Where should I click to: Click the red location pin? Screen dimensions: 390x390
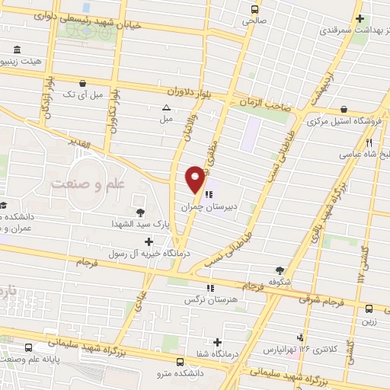pos(195,178)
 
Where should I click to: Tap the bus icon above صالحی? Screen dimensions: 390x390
pos(256,10)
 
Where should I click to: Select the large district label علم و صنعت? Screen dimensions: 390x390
pos(85,184)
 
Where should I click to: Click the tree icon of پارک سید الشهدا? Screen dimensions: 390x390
pos(140,213)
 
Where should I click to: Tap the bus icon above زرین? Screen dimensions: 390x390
pos(368,308)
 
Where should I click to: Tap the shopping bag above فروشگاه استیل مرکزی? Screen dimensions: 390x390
pos(345,110)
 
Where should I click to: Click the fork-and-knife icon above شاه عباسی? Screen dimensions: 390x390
pos(369,142)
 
